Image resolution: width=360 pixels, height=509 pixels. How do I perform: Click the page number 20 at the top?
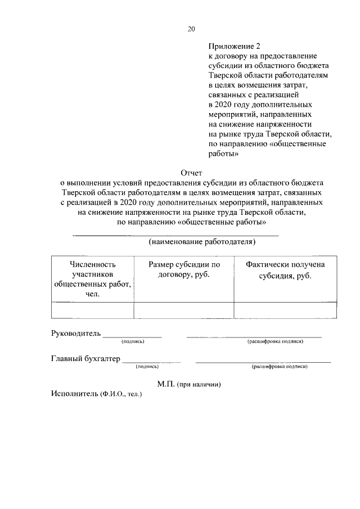[191, 30]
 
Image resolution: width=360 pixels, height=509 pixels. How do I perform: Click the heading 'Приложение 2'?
[231, 47]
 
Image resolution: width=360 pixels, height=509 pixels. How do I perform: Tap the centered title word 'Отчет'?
[191, 173]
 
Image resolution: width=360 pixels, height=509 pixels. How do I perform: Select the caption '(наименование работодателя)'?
[202, 242]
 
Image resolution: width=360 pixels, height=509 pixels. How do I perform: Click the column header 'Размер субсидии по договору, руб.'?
[183, 269]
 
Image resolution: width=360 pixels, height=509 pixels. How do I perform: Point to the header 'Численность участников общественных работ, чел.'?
[93, 279]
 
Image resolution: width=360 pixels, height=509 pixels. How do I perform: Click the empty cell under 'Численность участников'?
[93, 310]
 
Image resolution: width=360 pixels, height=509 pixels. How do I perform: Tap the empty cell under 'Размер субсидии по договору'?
[183, 310]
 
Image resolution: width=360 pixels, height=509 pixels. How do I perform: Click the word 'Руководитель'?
[76, 333]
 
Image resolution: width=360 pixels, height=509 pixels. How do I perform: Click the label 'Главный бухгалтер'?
[85, 359]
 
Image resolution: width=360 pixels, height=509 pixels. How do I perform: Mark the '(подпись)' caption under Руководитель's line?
[133, 341]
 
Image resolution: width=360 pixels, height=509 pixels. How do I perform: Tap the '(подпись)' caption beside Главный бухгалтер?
[147, 367]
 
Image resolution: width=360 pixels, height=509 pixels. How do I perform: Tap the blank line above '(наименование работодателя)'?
[175, 234]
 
